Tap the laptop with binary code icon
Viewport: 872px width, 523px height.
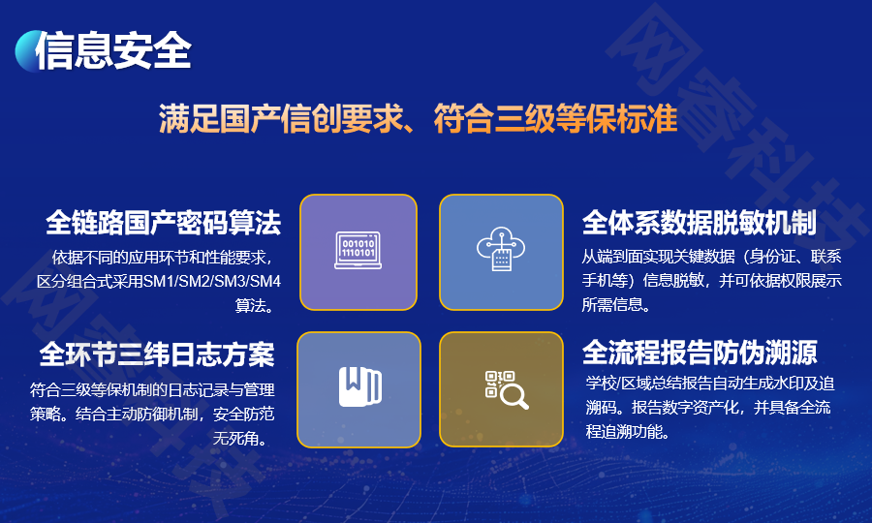[x=358, y=252]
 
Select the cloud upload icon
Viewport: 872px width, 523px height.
[x=501, y=252]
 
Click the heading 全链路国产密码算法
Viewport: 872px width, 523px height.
[x=163, y=224]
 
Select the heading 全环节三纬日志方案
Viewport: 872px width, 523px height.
[x=157, y=354]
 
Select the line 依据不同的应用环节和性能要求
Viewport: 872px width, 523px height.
[x=163, y=259]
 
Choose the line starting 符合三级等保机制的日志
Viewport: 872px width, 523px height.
[x=152, y=390]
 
